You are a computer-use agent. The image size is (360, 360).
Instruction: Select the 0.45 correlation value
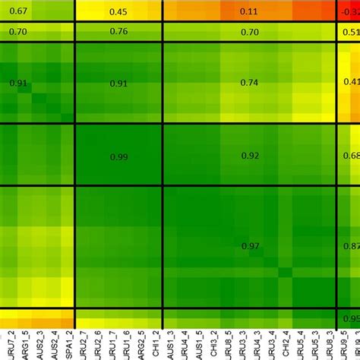118,11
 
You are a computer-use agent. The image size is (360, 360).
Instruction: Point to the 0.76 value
118,31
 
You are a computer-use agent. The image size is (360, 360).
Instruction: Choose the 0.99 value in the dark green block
118,156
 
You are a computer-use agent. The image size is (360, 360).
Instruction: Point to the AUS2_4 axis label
57,344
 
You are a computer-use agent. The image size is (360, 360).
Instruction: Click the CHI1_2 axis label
157,344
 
